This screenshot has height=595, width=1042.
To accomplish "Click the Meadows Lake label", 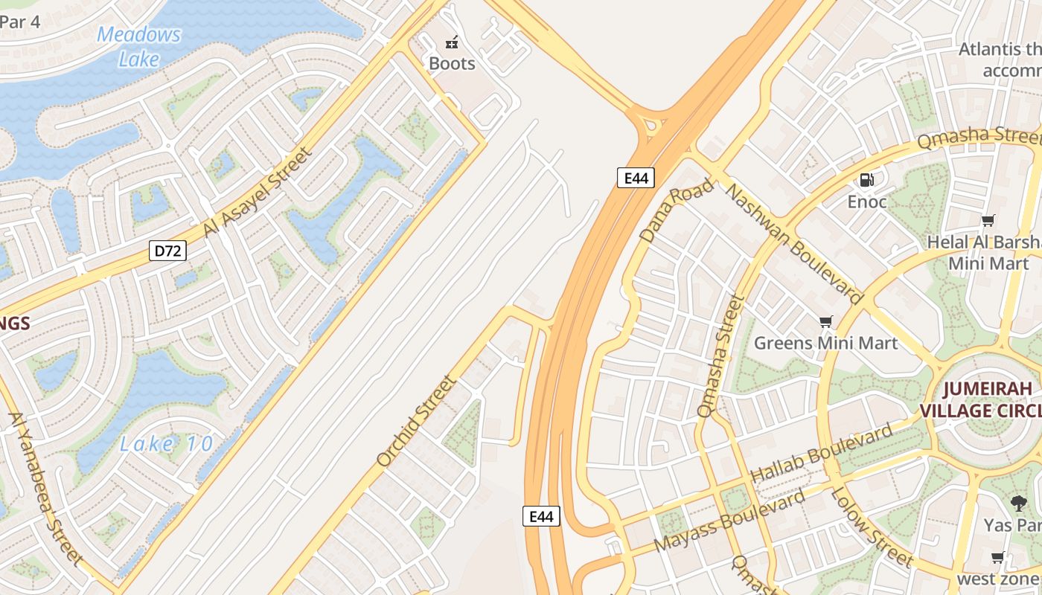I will (x=138, y=46).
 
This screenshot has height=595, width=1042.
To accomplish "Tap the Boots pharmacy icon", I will (x=451, y=42).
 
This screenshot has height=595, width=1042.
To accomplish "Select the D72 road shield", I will (x=167, y=251).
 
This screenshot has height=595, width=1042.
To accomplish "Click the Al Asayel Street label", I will (x=257, y=192).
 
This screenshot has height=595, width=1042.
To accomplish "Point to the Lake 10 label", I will (x=167, y=444).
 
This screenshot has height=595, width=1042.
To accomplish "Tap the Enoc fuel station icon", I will (x=867, y=179).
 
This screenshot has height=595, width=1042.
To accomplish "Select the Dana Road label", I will (x=676, y=210).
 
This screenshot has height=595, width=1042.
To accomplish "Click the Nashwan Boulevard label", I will (x=793, y=244).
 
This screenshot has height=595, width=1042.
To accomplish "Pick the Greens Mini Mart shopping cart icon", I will (x=825, y=322).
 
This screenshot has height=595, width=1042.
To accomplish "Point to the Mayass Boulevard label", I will (x=729, y=521).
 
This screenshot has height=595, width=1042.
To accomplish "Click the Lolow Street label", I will (x=870, y=527).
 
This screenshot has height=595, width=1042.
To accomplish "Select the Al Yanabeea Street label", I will (x=44, y=488).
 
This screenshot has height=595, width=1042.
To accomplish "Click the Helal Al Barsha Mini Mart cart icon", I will (x=988, y=220).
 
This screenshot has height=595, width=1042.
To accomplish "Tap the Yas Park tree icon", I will (x=1018, y=503).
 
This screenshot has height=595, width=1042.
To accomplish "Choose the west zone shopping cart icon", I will (x=997, y=557).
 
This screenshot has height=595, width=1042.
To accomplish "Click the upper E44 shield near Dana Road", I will (x=636, y=178).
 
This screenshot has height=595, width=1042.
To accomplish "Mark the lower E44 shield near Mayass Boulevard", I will (x=541, y=516).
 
